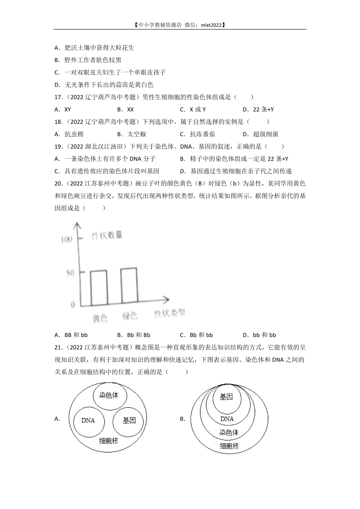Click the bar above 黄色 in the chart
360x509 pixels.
[x=99, y=288]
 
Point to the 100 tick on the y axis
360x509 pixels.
[x=67, y=240]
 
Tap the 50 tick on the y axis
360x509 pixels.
[x=70, y=273]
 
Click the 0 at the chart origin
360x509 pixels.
[x=73, y=305]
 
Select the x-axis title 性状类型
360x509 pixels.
[x=169, y=313]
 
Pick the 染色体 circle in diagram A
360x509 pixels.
[x=109, y=395]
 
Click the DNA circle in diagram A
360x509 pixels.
[x=88, y=421]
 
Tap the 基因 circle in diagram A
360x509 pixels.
[x=129, y=421]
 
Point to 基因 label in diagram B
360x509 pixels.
[x=226, y=397]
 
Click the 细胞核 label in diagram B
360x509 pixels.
[x=229, y=446]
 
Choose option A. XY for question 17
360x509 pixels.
[x=63, y=110]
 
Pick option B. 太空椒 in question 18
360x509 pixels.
[x=132, y=134]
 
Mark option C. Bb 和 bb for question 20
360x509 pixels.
[x=196, y=335]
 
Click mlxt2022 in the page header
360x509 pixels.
[x=211, y=25]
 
